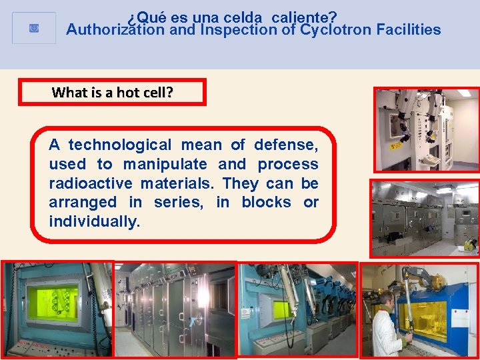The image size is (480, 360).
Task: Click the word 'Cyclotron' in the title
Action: tap(337, 30)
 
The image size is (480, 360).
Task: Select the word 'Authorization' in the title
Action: tap(110, 30)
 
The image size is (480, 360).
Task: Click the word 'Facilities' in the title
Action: tap(408, 30)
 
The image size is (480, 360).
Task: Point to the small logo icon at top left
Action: tap(34, 28)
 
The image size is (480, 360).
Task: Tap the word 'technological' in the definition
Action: tap(120, 145)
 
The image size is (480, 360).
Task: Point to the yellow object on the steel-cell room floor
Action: tap(469, 245)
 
